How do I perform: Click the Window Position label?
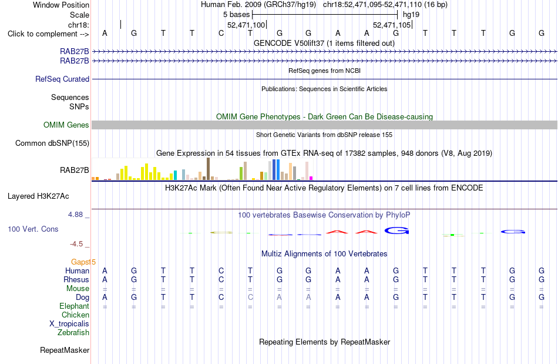[61, 5]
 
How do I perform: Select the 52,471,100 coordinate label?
[246, 25]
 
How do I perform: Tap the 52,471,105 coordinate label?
[392, 25]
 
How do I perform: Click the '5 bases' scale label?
[236, 15]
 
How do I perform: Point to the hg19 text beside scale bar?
[411, 15]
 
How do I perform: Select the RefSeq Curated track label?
[62, 79]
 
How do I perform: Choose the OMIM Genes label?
[66, 125]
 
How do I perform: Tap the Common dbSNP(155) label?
[52, 143]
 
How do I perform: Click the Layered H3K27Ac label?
[38, 196]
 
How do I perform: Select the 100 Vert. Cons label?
[33, 229]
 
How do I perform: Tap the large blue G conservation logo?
[397, 231]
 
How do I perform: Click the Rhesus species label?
[76, 279]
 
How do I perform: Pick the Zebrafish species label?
[73, 332]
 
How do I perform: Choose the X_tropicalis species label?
[69, 324]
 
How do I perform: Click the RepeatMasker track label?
[65, 350]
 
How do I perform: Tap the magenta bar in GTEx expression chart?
[311, 178]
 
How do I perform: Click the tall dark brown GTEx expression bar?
[208, 169]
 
